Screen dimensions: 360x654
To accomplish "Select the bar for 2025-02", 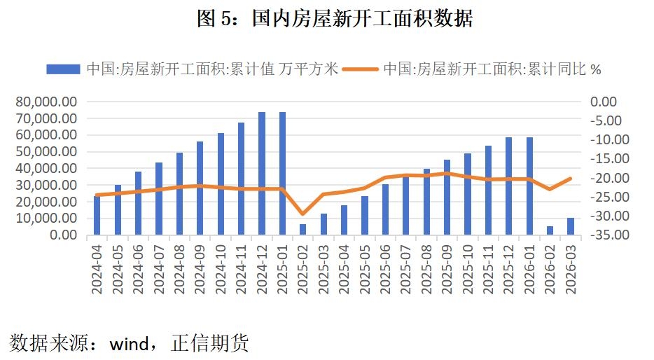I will tap(302, 229).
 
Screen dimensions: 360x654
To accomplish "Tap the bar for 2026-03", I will tap(571, 226).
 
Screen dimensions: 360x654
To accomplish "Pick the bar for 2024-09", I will tap(200, 188).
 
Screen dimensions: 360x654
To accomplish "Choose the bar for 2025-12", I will tap(509, 186).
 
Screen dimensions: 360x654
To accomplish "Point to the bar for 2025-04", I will tap(344, 220).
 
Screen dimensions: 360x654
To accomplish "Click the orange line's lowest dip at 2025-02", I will tap(302, 214).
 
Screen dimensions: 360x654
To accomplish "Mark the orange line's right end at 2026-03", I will tap(571, 179).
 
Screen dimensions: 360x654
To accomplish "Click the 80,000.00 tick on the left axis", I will tap(46, 102).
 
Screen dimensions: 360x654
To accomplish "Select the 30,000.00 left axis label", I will tap(46, 185).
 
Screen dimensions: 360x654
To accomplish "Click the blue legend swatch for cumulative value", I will tap(63, 69).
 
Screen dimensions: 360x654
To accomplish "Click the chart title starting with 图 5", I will tap(335, 19).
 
